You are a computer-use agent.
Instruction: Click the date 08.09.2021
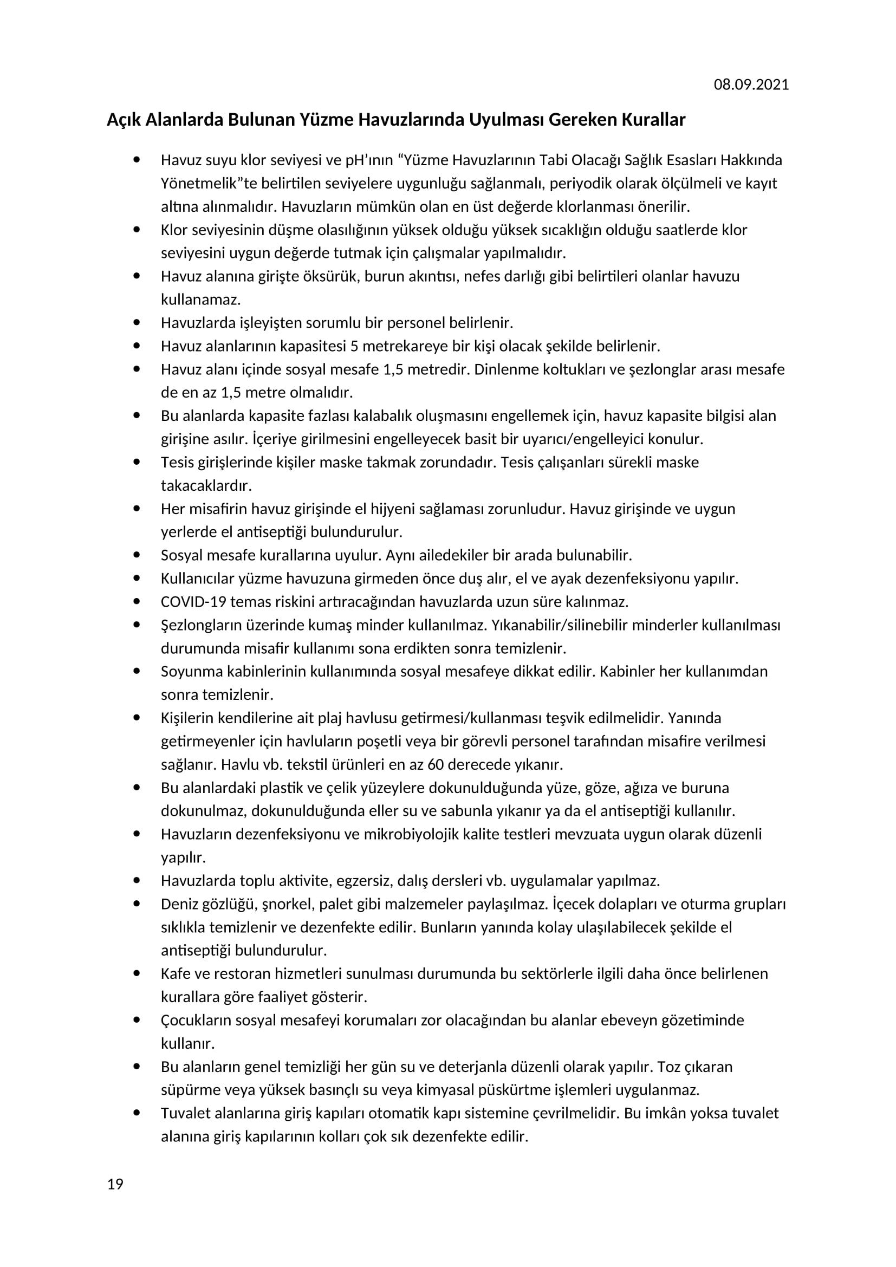coord(751,85)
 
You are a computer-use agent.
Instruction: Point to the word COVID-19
coord(193,601)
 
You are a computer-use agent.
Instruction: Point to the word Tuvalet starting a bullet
coord(185,1113)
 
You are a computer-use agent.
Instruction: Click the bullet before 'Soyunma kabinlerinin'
coord(137,671)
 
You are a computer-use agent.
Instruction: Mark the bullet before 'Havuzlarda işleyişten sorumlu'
coord(137,322)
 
